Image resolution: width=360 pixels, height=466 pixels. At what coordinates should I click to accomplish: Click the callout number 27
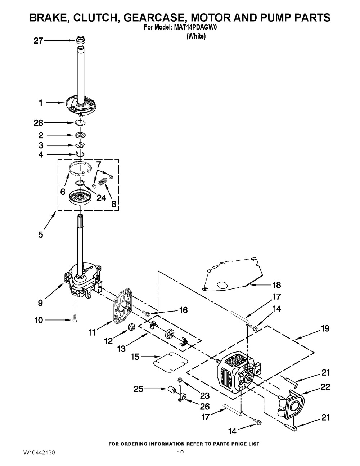38,41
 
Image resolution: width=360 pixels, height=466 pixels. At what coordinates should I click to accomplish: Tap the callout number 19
325,328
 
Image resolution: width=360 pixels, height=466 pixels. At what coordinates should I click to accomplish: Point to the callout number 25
139,389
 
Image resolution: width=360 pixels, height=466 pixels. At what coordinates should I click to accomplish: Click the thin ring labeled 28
81,123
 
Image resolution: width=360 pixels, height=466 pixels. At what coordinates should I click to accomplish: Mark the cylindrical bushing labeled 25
172,390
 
